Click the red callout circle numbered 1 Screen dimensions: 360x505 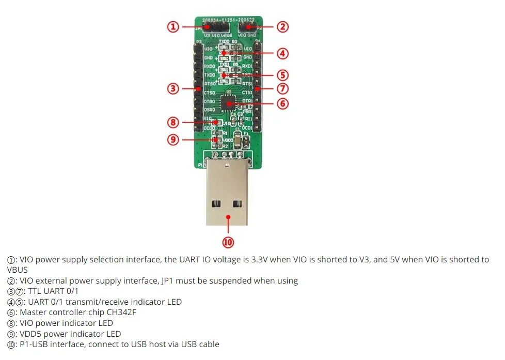(x=173, y=27)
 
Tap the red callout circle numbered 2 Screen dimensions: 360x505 (x=282, y=27)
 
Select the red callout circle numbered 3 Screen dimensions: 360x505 (x=173, y=88)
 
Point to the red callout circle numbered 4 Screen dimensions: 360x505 (x=282, y=53)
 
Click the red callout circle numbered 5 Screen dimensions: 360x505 (x=282, y=75)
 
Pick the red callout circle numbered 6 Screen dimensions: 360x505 (x=282, y=103)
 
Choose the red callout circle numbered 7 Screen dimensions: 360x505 (x=282, y=88)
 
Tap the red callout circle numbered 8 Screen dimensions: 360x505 (x=173, y=122)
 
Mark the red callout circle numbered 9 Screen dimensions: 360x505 (x=173, y=139)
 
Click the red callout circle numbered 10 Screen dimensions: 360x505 (x=228, y=242)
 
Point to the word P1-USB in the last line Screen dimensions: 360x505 (x=34, y=345)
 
